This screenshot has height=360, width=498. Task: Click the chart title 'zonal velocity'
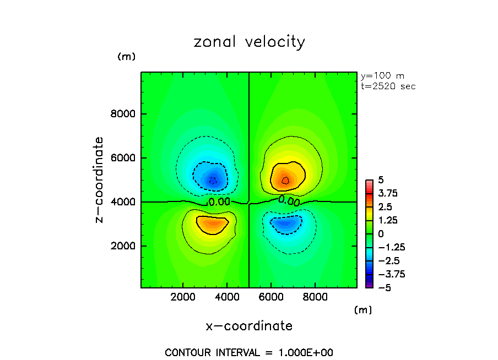[249, 42]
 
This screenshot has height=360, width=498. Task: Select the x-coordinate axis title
[249, 326]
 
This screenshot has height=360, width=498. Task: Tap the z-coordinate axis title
[100, 180]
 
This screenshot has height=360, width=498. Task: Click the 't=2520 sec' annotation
[388, 86]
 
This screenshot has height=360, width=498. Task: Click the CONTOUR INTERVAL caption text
[249, 352]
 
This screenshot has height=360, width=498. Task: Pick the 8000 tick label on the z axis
[124, 114]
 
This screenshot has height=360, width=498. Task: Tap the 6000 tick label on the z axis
[124, 159]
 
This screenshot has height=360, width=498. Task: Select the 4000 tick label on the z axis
[124, 202]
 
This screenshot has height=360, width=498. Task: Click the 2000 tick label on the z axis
[124, 246]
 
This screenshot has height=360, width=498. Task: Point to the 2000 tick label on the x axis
[184, 298]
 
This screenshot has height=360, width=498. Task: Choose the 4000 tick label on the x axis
[228, 298]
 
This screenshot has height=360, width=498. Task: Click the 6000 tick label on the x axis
[271, 298]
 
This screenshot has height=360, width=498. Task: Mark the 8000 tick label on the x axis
[315, 298]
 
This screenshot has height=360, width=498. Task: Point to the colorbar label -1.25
[389, 247]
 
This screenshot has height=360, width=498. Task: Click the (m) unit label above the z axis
[126, 57]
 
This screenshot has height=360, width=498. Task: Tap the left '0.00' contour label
[219, 203]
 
